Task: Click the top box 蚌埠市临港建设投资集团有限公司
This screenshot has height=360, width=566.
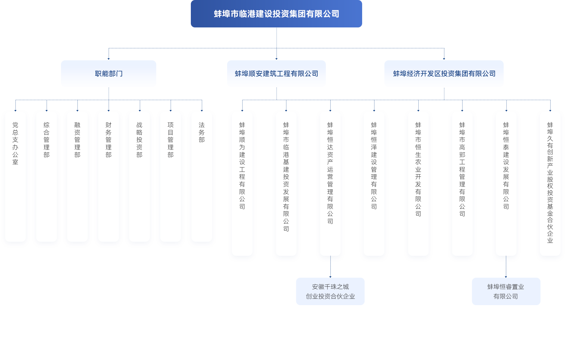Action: click(276, 14)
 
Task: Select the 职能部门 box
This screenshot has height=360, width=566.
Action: click(109, 73)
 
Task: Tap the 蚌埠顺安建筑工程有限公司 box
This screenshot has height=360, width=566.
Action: click(276, 73)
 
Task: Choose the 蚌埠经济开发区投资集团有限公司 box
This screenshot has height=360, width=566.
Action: click(444, 73)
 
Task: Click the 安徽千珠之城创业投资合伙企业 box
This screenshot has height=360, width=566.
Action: click(330, 291)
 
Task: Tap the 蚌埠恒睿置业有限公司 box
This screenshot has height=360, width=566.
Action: click(506, 291)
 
